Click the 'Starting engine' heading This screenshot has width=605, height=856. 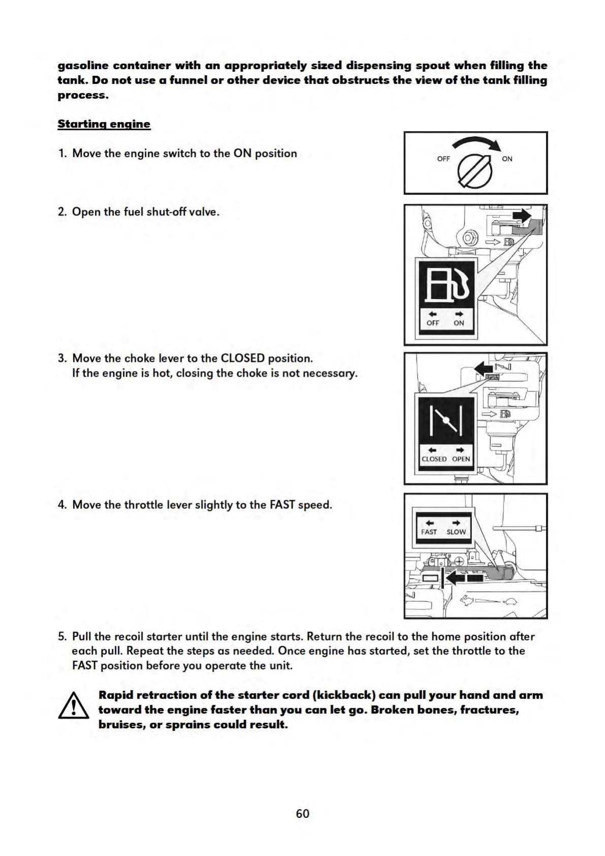104,124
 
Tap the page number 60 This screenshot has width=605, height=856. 302,813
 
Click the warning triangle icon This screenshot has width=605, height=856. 74,707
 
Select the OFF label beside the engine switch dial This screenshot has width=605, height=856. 443,159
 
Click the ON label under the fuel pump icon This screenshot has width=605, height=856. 459,323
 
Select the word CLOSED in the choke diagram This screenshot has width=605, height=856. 434,459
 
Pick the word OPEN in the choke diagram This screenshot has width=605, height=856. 461,459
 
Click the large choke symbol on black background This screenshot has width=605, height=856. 446,421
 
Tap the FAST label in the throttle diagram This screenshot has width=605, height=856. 429,532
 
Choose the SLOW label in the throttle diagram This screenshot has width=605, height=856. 456,532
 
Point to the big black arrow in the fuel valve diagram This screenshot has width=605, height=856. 521,216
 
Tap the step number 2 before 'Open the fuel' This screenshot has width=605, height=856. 62,212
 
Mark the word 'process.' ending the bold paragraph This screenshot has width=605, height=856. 83,95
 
